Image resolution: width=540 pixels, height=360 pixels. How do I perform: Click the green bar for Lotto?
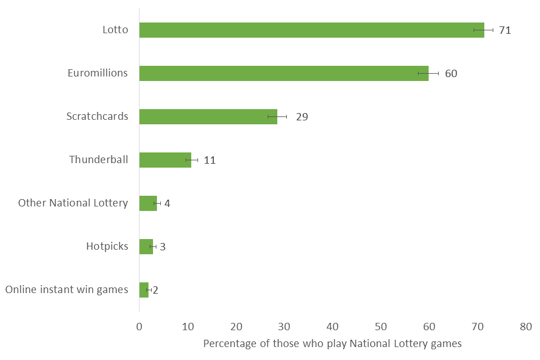[x=311, y=30]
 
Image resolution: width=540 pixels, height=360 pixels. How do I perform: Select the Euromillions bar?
[x=283, y=73]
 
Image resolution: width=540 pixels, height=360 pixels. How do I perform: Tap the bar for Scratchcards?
[x=208, y=116]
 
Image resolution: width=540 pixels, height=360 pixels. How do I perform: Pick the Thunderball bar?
[x=165, y=160]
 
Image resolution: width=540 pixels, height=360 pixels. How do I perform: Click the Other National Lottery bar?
[x=148, y=203]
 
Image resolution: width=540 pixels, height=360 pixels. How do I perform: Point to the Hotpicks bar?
[x=146, y=246]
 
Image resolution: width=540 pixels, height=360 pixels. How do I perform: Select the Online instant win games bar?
[x=143, y=290]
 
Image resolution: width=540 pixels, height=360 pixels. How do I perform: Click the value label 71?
[x=505, y=30]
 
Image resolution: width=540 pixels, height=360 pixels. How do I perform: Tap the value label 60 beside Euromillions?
[x=451, y=74]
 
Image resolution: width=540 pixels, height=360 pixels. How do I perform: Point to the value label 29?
[x=301, y=117]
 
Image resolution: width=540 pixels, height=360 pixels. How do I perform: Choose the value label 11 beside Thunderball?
[x=209, y=160]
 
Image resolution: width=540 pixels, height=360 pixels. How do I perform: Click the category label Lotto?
[x=115, y=30]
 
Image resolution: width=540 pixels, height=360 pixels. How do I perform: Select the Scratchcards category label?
[x=97, y=116]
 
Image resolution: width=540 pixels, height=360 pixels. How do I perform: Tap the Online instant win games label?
[x=66, y=290]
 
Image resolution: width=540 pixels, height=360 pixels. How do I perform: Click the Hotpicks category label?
[x=107, y=246]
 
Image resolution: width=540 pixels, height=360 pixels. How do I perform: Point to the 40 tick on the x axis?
[x=332, y=326]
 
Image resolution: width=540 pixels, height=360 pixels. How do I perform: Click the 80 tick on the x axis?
[x=525, y=326]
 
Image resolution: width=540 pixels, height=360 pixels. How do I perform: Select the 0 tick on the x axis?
[x=139, y=326]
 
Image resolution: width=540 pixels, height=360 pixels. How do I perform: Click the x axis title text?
[x=332, y=344]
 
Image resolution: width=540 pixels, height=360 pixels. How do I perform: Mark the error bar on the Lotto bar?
[x=483, y=30]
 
